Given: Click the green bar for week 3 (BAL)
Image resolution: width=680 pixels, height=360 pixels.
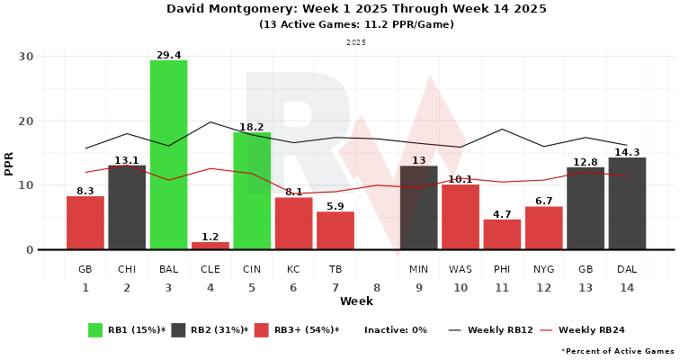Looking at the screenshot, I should point(168,155).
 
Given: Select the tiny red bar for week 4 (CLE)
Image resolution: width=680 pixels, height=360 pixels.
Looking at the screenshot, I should point(210,246).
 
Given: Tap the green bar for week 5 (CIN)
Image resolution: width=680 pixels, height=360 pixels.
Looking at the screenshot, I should point(252,191).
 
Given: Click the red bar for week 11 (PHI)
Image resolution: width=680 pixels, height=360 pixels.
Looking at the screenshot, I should point(502,234).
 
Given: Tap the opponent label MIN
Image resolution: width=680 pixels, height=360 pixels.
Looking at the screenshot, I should point(418,269).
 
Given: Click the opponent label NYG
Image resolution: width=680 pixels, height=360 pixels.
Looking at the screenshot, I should point(543,269).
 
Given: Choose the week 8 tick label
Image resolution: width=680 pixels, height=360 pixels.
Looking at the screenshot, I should point(377,287).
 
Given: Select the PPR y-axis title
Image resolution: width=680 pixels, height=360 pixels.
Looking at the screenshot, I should point(9,163).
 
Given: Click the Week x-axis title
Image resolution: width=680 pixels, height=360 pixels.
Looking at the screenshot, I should point(356,301).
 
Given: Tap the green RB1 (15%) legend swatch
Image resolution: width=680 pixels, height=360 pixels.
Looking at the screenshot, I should point(95,329).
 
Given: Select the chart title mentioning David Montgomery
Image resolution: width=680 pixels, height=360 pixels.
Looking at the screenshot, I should point(356,9).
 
